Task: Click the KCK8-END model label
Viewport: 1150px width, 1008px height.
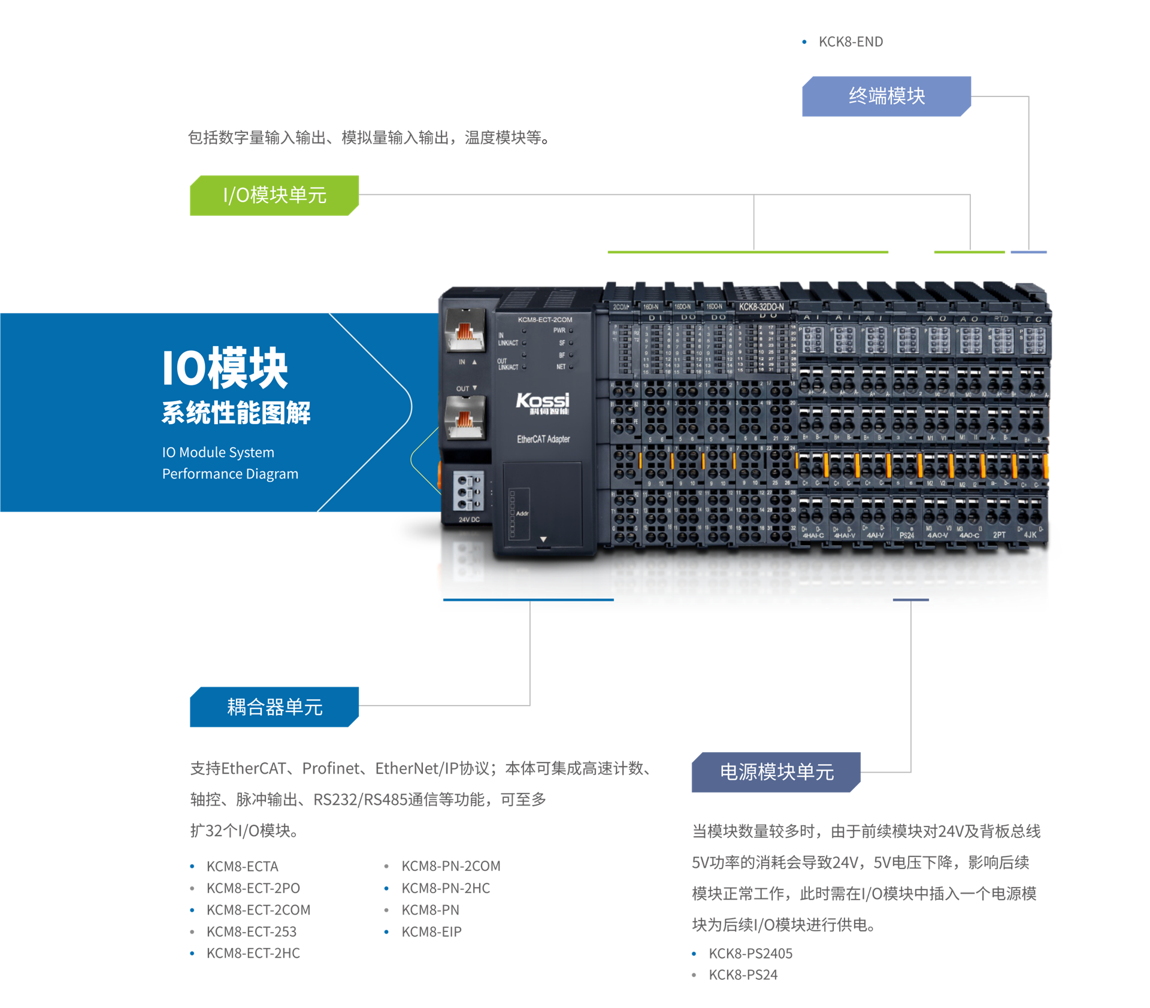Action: [x=850, y=42]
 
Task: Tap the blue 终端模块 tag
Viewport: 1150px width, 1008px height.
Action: [x=886, y=96]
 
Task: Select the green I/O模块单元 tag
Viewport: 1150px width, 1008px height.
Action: [x=274, y=195]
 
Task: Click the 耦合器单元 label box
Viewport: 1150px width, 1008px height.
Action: [x=274, y=707]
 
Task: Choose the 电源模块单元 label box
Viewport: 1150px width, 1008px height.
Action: [x=776, y=772]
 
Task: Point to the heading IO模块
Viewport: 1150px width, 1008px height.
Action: [x=225, y=368]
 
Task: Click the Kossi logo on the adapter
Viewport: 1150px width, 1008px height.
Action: [x=543, y=402]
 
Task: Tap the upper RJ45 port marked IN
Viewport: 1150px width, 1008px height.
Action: [x=465, y=331]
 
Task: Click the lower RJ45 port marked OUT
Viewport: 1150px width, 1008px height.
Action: [x=465, y=417]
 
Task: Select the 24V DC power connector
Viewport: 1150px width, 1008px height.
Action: [x=469, y=492]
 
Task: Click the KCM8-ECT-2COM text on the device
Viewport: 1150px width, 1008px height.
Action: [x=544, y=320]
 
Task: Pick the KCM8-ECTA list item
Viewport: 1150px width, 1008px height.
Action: [x=242, y=867]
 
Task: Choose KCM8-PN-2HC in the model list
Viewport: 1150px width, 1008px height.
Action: [x=446, y=888]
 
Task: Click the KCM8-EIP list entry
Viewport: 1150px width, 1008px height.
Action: [x=431, y=932]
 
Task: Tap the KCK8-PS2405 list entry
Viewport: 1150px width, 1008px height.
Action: [x=750, y=953]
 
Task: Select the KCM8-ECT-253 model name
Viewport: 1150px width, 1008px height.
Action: [x=251, y=932]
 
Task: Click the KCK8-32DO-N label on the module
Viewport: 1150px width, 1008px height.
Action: [x=761, y=307]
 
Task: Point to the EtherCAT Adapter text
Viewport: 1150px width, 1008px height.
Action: [x=543, y=440]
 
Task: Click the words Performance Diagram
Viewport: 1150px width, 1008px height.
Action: [x=230, y=474]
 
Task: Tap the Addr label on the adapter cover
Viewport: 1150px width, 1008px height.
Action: [x=522, y=513]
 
